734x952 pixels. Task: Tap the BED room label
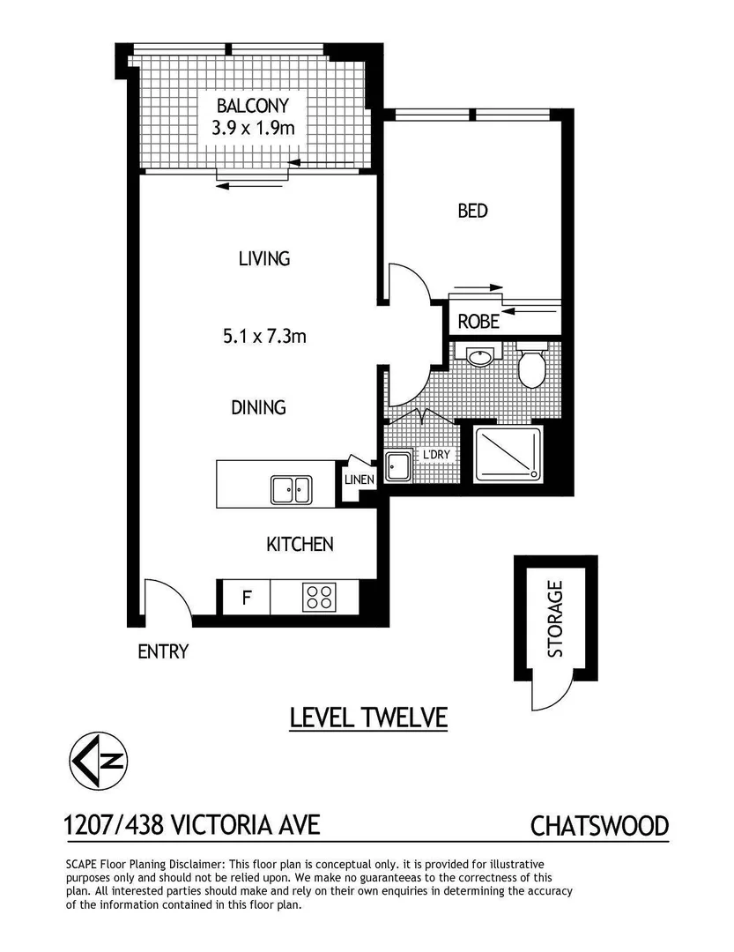472,212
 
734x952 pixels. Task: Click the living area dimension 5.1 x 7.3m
263,335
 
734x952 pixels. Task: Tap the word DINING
258,407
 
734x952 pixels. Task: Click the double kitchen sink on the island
291,488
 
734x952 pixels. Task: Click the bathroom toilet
531,368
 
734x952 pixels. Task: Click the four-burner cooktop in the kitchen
319,598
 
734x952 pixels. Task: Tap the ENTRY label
163,652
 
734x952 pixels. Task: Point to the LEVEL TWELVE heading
369,718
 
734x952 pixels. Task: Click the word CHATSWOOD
599,827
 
